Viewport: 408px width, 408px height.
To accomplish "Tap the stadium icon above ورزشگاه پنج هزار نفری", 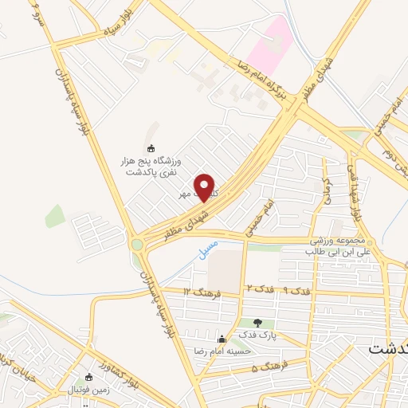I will pyautogui.click(x=151, y=147).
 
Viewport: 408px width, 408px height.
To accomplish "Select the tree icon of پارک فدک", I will pyautogui.click(x=256, y=323).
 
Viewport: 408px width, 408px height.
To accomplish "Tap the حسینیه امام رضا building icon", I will pyautogui.click(x=221, y=338).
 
